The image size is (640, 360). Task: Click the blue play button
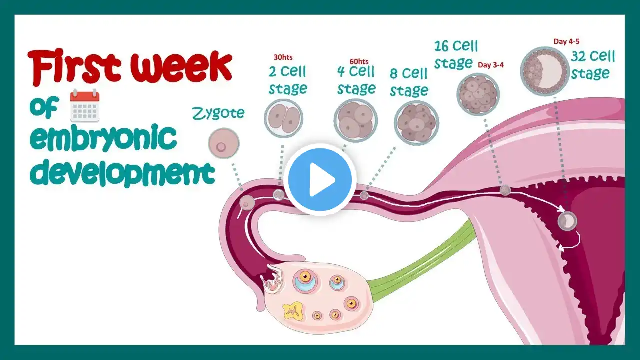(x=320, y=180)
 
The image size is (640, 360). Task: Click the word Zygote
(x=218, y=114)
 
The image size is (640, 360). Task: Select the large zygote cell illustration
(x=223, y=143)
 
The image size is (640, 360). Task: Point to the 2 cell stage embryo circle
(x=283, y=118)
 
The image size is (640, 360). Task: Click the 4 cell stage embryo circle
(x=355, y=120)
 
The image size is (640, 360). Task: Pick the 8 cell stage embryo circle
(x=417, y=123)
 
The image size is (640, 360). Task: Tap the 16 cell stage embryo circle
(x=478, y=94)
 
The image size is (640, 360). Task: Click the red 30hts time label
(x=283, y=57)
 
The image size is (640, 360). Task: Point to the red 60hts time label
(x=359, y=61)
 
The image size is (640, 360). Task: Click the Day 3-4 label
(x=491, y=65)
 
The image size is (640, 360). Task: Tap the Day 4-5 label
(x=566, y=41)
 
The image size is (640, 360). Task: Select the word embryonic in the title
(x=103, y=138)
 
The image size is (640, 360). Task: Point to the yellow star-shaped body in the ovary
(x=293, y=311)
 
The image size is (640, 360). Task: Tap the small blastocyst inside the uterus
(x=567, y=221)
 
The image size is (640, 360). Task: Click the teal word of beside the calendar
(x=44, y=107)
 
